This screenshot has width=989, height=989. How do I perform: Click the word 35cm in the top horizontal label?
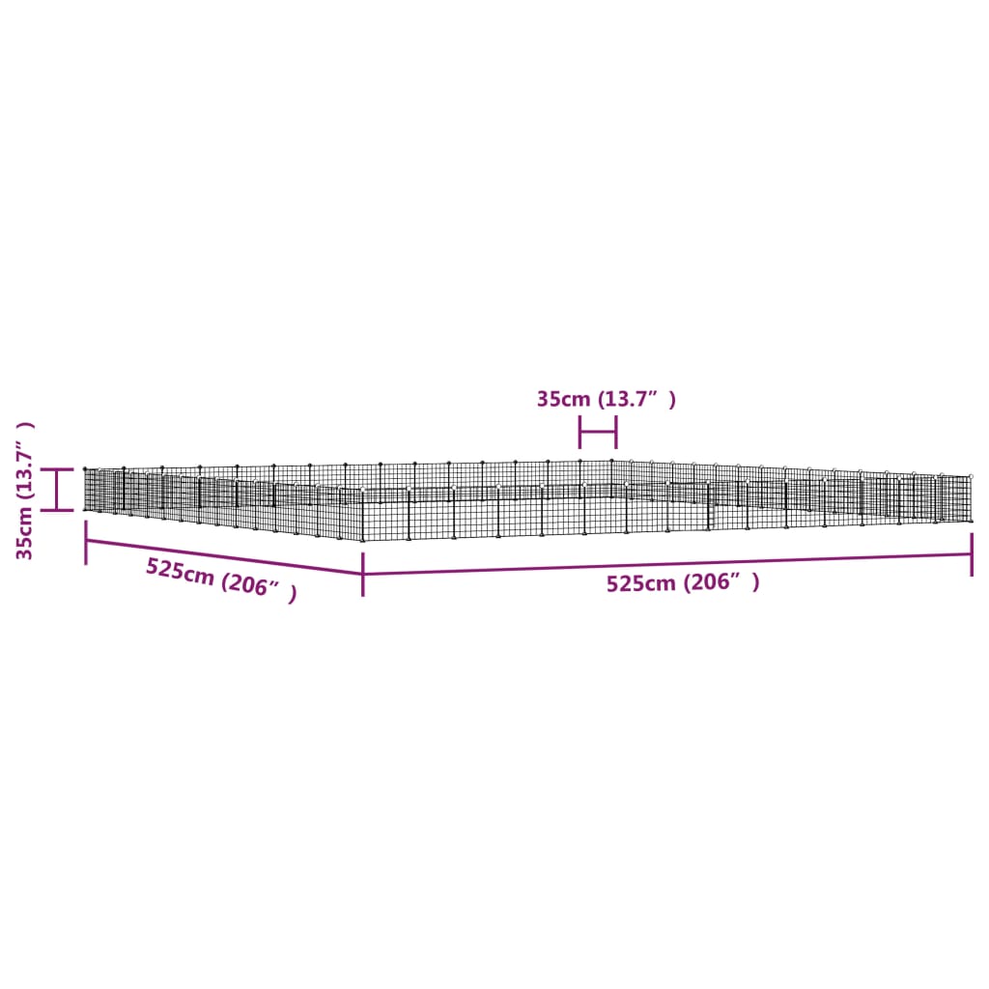(562, 399)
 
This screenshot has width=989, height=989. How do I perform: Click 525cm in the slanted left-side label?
(180, 572)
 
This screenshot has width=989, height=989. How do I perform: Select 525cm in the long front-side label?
(641, 583)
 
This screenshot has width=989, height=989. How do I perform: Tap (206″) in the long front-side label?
(721, 582)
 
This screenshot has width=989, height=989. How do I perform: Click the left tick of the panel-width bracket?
(579, 432)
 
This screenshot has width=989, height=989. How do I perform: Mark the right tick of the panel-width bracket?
(615, 432)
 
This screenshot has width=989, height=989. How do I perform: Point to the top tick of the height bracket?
(58, 469)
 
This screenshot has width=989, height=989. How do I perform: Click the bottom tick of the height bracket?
(58, 509)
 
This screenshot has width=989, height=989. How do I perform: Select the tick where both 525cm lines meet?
(363, 575)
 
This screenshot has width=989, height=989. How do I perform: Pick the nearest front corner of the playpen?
(363, 539)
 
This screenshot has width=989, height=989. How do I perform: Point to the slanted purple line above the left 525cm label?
(222, 556)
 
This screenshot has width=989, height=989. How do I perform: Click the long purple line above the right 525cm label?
(666, 564)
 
